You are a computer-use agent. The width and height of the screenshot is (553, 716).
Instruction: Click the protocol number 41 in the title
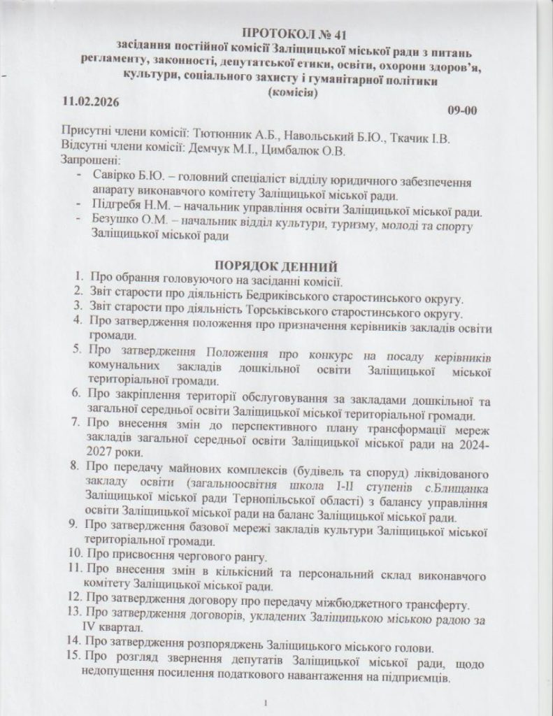point(333,34)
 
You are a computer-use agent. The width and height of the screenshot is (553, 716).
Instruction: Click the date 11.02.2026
point(90,101)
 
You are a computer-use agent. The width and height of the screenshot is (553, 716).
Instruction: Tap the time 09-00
point(463,111)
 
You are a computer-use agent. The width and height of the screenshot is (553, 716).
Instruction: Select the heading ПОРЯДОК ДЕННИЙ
point(277,266)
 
